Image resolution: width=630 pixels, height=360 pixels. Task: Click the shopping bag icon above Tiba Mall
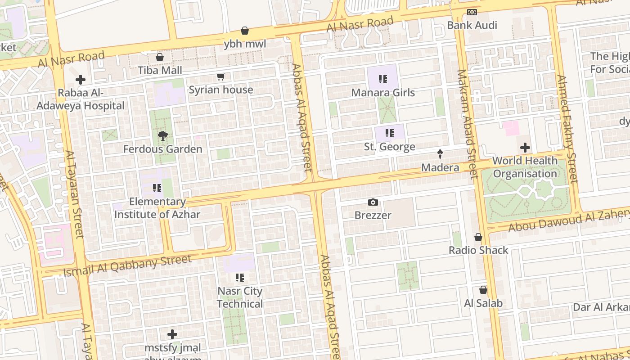(x=159, y=57)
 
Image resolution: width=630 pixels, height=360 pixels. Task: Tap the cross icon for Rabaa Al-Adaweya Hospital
(x=81, y=80)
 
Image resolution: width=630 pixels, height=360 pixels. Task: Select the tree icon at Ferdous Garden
(x=162, y=135)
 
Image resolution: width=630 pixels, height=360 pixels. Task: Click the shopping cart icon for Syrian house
(x=220, y=76)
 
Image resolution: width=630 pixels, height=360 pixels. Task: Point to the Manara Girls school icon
(x=383, y=80)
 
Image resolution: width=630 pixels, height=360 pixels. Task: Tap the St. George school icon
(x=390, y=133)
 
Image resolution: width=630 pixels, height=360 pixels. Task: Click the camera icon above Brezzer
(x=373, y=202)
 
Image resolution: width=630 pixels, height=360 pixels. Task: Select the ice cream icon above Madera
(x=440, y=154)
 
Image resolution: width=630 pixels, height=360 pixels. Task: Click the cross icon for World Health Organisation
(x=525, y=147)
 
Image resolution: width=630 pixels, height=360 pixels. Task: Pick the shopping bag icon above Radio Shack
(x=478, y=237)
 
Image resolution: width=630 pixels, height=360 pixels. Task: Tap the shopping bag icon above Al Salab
(x=483, y=290)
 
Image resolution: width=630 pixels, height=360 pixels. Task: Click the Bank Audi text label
(x=472, y=25)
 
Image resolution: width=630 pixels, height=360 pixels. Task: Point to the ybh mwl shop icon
(x=245, y=31)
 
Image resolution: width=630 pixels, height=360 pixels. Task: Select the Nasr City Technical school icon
(x=240, y=278)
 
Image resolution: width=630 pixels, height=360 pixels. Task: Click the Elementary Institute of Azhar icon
(x=157, y=188)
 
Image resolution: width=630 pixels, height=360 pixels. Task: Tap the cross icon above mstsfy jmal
(x=172, y=334)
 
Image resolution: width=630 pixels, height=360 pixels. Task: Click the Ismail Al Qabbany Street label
(x=127, y=266)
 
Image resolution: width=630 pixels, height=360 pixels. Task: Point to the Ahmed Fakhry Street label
(x=567, y=129)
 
